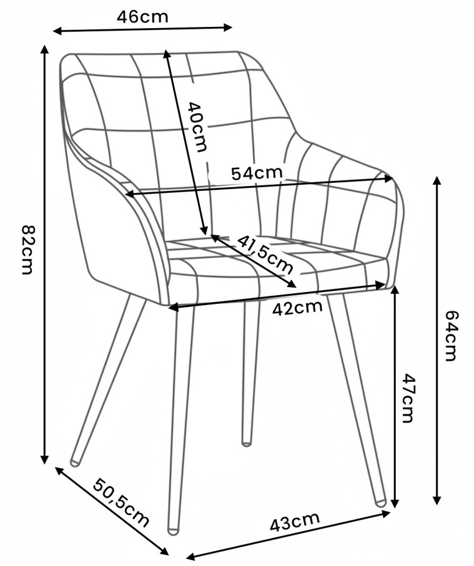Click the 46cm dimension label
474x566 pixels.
tap(143, 17)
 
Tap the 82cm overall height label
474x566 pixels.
tap(27, 250)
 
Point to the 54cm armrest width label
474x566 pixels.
tap(257, 173)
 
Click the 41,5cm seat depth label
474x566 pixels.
tap(265, 254)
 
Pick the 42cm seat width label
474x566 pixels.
tap(297, 308)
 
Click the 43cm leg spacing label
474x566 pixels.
tap(295, 521)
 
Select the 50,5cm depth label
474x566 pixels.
tap(121, 503)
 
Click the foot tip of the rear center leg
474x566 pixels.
tap(247, 442)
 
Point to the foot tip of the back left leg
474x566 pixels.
tap(75, 463)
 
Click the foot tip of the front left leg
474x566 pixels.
tap(173, 530)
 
